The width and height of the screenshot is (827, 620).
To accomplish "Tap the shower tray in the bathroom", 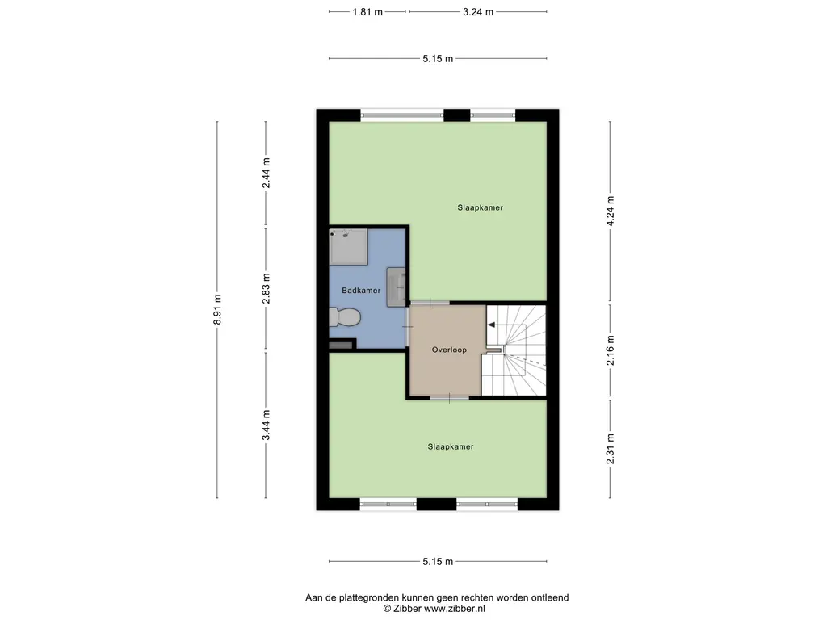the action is pyautogui.click(x=349, y=247).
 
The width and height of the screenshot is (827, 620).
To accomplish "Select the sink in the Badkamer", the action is pyautogui.click(x=396, y=287).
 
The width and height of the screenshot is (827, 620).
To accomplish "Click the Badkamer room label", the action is pyautogui.click(x=361, y=291).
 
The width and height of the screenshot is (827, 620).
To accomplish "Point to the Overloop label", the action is pyautogui.click(x=449, y=350).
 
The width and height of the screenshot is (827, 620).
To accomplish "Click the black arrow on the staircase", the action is pyautogui.click(x=491, y=325).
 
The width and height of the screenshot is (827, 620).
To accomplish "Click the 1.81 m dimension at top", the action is pyautogui.click(x=367, y=12).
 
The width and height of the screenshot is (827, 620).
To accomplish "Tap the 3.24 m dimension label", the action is pyautogui.click(x=478, y=12).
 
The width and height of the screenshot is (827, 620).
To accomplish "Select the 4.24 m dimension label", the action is pyautogui.click(x=611, y=211).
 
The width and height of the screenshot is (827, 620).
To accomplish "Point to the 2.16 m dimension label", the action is pyautogui.click(x=611, y=350).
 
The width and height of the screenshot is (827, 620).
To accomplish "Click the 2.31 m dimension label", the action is pyautogui.click(x=611, y=449).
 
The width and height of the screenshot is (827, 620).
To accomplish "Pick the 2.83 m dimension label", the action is pyautogui.click(x=267, y=288).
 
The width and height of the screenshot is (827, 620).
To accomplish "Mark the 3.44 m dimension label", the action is pyautogui.click(x=267, y=425).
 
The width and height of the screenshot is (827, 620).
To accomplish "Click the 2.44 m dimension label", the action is pyautogui.click(x=267, y=173).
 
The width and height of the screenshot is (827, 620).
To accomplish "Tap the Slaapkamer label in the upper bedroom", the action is pyautogui.click(x=480, y=207).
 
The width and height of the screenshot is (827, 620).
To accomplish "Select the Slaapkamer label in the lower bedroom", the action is pyautogui.click(x=451, y=446).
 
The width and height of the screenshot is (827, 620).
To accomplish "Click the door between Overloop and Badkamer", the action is pyautogui.click(x=408, y=327).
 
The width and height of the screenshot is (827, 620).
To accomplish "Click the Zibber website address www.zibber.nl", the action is pyautogui.click(x=455, y=609).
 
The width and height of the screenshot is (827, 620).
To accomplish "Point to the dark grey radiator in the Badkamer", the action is pyautogui.click(x=341, y=346).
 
